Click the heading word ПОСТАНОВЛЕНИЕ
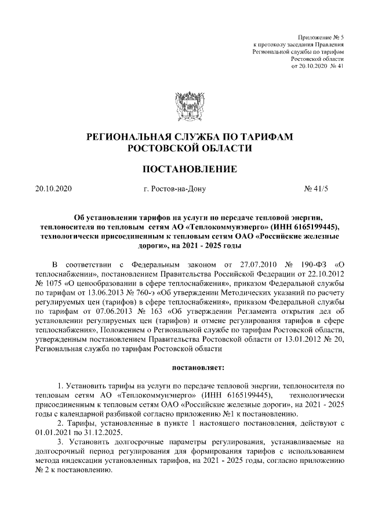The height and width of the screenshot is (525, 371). click(185, 169)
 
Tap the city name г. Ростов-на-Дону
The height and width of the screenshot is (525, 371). click(174, 189)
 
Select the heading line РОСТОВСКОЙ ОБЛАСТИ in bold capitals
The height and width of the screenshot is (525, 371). click(185, 149)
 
